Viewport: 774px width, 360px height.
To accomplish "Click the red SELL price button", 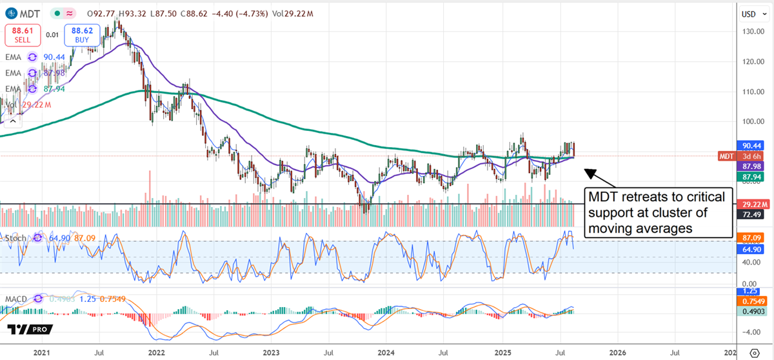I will point(21,34).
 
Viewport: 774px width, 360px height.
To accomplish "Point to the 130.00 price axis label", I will point(749,32).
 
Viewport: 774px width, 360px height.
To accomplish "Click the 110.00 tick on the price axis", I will point(749,92).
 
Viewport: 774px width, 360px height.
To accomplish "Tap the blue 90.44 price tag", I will point(750,146).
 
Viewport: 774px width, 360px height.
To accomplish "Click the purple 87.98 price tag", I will point(750,166).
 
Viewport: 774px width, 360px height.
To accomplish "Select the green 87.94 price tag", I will point(750,176).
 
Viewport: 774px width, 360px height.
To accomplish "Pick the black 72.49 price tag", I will point(750,214).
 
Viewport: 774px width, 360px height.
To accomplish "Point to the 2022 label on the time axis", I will point(155,353).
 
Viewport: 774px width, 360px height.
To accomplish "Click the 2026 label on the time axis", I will point(617,353).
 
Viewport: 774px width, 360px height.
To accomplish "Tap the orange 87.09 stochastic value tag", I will point(750,238).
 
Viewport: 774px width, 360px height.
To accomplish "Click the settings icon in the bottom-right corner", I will point(755,353).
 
